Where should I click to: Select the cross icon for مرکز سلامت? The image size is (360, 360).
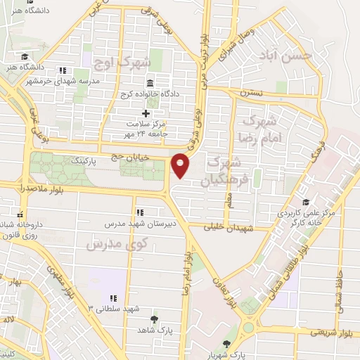click(146, 113)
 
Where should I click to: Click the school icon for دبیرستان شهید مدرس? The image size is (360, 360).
click(139, 212)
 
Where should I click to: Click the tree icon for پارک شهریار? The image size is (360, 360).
click(226, 344)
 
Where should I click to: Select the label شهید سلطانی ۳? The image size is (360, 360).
click(114, 308)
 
